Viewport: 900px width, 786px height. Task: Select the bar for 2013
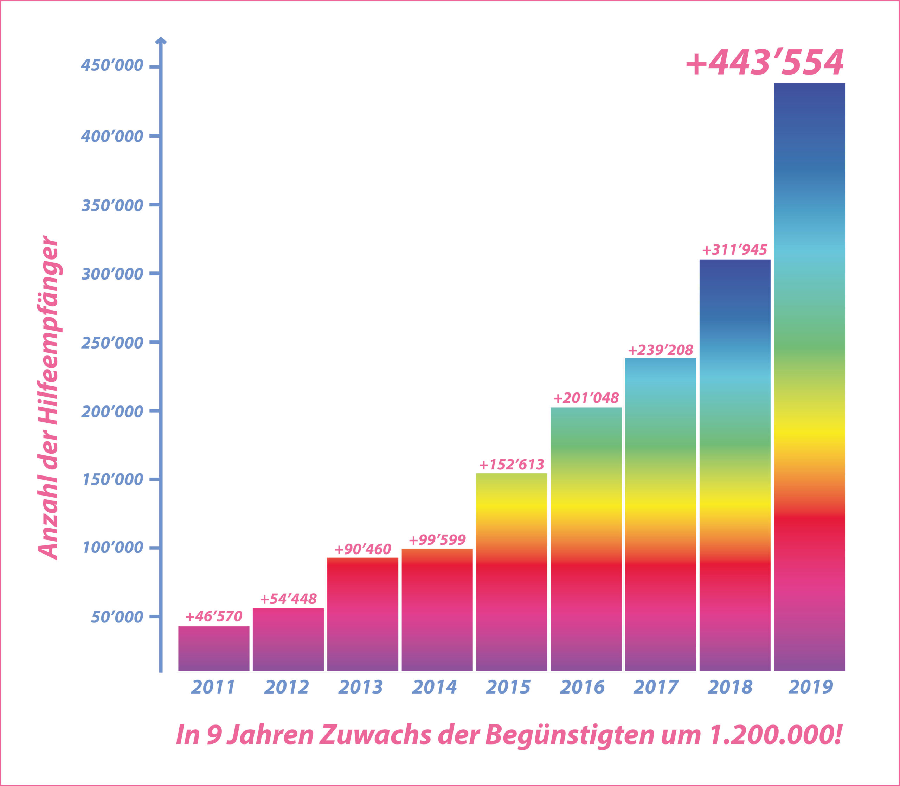[x=362, y=614]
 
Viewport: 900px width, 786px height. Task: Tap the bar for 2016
[x=586, y=539]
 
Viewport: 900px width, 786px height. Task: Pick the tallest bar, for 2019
[x=809, y=377]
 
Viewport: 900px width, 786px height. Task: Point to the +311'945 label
[x=735, y=250]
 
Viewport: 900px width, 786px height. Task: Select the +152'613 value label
[x=512, y=465]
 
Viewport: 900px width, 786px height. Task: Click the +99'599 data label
[x=437, y=539]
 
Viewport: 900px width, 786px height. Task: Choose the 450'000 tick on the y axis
[x=112, y=66]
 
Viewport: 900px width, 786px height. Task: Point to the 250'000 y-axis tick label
[x=112, y=343]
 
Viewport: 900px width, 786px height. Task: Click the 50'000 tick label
[x=117, y=617]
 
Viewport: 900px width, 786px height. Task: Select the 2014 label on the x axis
[x=435, y=687]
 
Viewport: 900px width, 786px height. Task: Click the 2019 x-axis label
[x=811, y=687]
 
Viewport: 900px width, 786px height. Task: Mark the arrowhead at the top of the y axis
[x=161, y=41]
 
